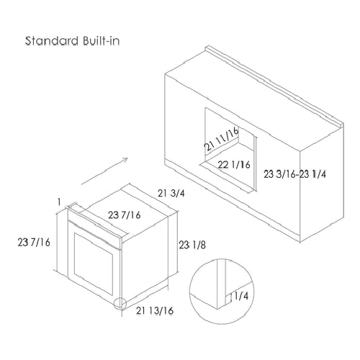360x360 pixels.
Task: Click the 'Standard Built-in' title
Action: [x=72, y=41]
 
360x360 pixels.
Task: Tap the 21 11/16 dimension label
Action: [x=222, y=139]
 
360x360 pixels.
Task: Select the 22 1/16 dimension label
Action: [x=234, y=165]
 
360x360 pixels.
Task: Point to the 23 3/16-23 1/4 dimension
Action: [x=295, y=174]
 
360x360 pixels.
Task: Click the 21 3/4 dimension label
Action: [x=171, y=193]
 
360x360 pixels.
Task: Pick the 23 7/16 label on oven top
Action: [x=125, y=215]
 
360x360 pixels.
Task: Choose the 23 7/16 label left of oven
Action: [x=34, y=242]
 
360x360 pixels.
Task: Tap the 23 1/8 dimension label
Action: [x=192, y=245]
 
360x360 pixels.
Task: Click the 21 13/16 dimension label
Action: [x=155, y=310]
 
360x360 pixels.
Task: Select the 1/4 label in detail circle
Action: [x=241, y=296]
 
